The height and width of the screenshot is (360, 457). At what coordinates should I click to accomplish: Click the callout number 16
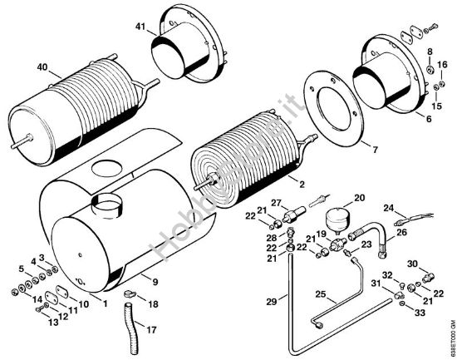(x=444, y=65)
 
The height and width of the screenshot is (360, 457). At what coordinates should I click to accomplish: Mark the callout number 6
(x=430, y=120)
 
